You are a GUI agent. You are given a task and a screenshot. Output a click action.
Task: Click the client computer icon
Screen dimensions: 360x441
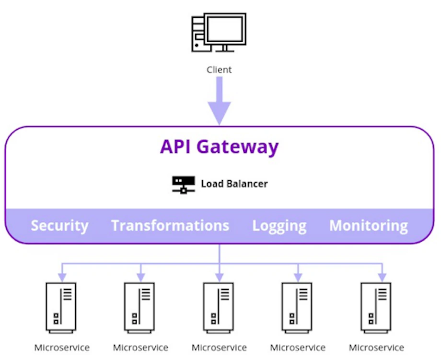(219, 33)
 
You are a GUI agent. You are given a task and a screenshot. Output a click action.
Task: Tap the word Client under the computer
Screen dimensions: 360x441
(219, 70)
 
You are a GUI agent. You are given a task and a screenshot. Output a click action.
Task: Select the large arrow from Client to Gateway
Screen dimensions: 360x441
(219, 102)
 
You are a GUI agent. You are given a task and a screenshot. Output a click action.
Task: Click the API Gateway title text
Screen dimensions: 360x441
(219, 146)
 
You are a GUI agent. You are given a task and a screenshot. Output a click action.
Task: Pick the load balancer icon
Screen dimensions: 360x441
(183, 184)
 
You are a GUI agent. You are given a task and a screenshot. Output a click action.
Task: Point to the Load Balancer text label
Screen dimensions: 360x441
(234, 184)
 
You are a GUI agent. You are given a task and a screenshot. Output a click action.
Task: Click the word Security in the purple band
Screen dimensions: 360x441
(59, 226)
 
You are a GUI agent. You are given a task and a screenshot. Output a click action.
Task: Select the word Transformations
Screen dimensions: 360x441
(170, 225)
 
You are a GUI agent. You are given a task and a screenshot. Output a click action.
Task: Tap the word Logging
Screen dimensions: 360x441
(279, 226)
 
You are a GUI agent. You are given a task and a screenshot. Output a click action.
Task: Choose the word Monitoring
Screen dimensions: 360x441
(368, 225)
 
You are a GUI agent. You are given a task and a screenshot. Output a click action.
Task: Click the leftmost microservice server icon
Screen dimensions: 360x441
(61, 307)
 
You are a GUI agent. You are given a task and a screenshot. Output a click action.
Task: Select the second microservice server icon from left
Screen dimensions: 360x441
(139, 307)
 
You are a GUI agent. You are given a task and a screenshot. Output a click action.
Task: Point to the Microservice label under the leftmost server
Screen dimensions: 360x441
(62, 348)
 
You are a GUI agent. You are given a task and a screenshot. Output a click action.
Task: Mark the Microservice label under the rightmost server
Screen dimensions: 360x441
(376, 348)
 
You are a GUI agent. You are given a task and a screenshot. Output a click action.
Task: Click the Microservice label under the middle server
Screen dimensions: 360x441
(219, 348)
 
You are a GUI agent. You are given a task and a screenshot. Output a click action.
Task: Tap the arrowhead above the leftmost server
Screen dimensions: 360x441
(62, 277)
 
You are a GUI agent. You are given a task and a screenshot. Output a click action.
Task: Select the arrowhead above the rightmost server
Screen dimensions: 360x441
(382, 277)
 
